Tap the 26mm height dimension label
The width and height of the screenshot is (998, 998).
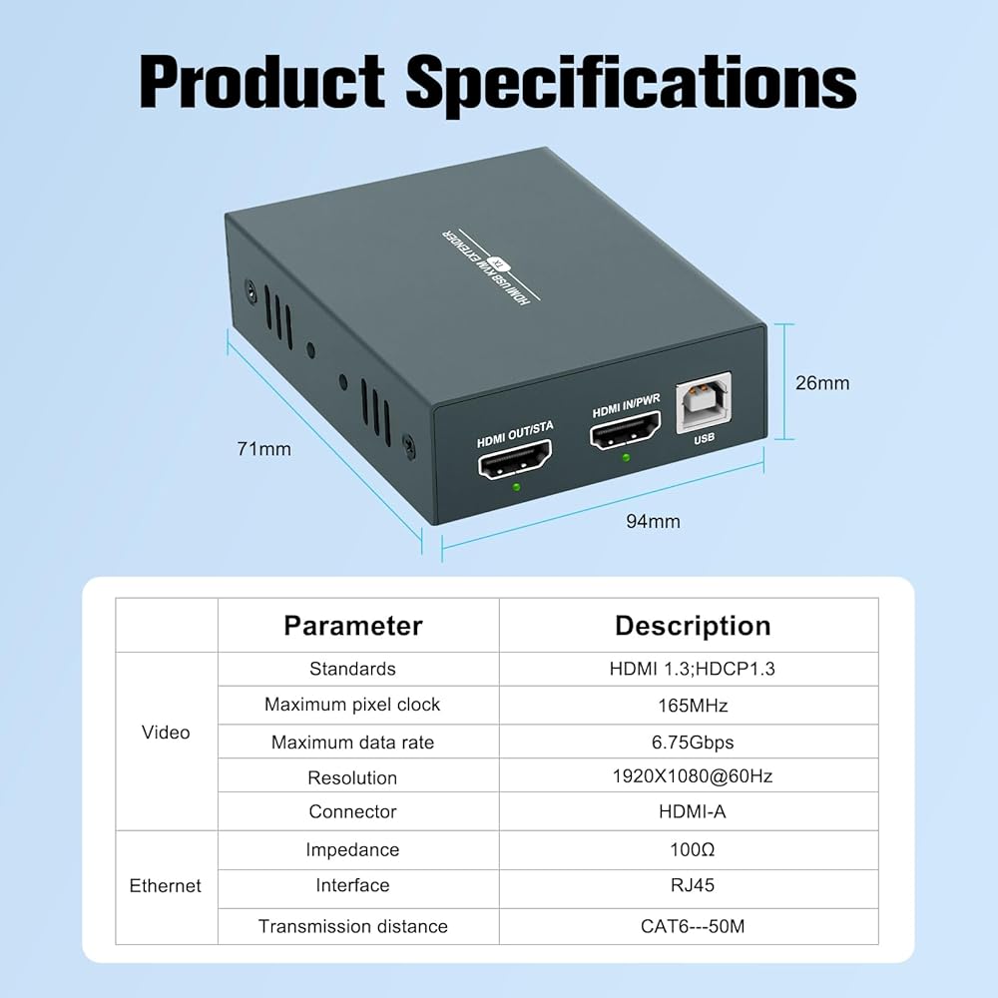pyautogui.click(x=821, y=382)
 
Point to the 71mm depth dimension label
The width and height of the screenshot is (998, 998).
pyautogui.click(x=264, y=449)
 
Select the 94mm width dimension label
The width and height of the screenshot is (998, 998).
pyautogui.click(x=653, y=521)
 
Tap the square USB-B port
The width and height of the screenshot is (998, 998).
pyautogui.click(x=703, y=403)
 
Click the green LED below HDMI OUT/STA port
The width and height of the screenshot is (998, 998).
pyautogui.click(x=515, y=488)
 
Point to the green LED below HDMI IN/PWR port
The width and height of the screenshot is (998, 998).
pyautogui.click(x=626, y=458)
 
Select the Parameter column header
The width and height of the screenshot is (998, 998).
pyautogui.click(x=353, y=626)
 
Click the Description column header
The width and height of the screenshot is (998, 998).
pyautogui.click(x=693, y=626)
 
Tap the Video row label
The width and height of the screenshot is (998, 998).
pyautogui.click(x=166, y=733)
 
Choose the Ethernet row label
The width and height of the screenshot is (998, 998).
pyautogui.click(x=166, y=886)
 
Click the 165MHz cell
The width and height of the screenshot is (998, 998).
pyautogui.click(x=693, y=706)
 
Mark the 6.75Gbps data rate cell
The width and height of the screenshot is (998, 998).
pyautogui.click(x=693, y=743)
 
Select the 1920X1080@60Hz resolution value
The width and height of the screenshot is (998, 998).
pyautogui.click(x=693, y=777)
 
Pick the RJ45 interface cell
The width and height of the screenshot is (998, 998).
pyautogui.click(x=693, y=885)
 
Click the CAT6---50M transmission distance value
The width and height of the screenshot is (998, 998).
pyautogui.click(x=693, y=926)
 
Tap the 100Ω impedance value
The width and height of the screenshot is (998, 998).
pyautogui.click(x=693, y=850)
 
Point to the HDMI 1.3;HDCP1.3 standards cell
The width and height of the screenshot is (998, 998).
pyautogui.click(x=693, y=669)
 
